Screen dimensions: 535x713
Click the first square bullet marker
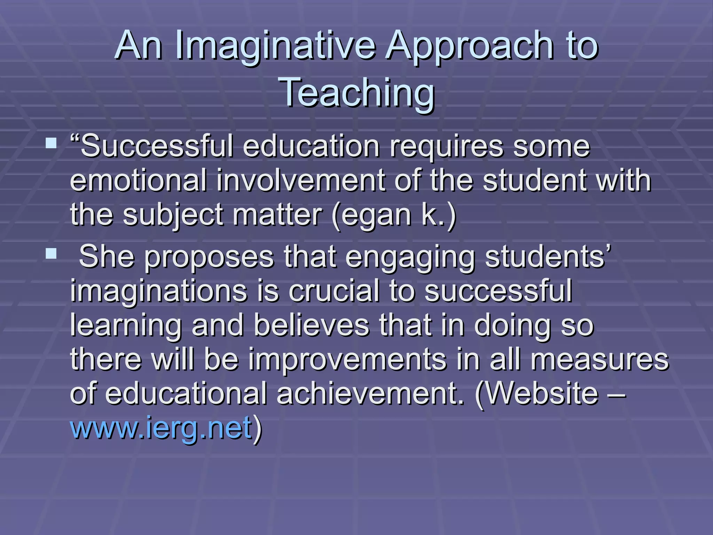51,143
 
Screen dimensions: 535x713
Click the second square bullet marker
51,254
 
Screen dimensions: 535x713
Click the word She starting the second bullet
107,256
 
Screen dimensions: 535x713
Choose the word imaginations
159,291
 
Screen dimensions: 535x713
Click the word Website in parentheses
540,393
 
